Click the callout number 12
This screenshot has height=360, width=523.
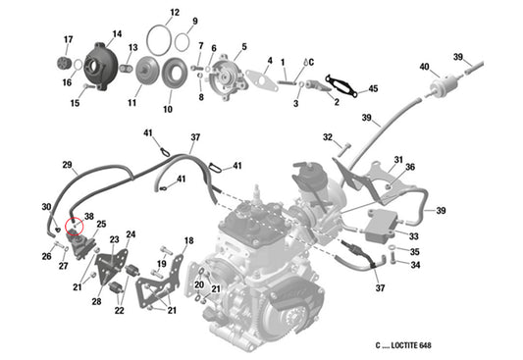174,14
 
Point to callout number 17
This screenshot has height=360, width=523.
68,39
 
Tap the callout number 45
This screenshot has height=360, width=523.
373,90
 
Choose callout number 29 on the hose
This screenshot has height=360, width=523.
68,164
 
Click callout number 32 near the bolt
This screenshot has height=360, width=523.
328,137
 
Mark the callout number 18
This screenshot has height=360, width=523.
188,240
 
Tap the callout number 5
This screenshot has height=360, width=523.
243,46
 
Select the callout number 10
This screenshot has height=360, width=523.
167,109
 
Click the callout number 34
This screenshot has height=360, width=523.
415,265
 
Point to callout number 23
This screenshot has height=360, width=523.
114,239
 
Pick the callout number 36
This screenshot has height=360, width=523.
410,167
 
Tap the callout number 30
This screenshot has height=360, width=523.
45,207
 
